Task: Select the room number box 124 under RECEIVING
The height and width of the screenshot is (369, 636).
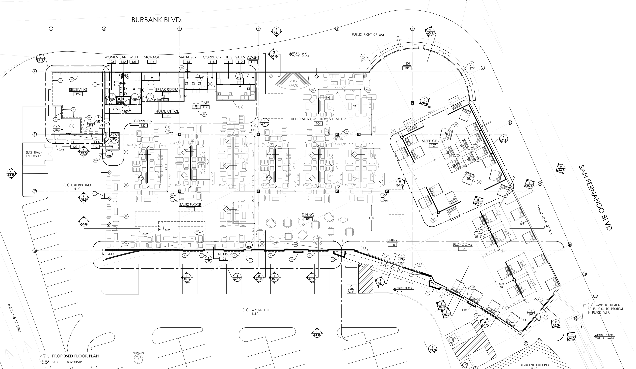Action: tap(78, 94)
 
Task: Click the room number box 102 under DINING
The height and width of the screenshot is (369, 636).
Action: tap(308, 219)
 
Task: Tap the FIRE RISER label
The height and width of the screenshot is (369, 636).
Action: tap(224, 254)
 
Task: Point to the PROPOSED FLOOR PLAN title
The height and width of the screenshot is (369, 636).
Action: tap(76, 356)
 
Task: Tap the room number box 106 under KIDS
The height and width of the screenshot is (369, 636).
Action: tap(407, 68)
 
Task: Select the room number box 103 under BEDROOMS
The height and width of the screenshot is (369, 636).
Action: tap(462, 249)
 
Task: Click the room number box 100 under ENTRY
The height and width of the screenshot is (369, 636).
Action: tap(392, 245)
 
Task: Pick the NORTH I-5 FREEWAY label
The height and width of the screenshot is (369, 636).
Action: tap(14, 318)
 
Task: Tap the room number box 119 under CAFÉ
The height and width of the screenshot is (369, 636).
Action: tap(205, 107)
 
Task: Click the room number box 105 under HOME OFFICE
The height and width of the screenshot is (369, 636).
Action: tap(167, 116)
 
